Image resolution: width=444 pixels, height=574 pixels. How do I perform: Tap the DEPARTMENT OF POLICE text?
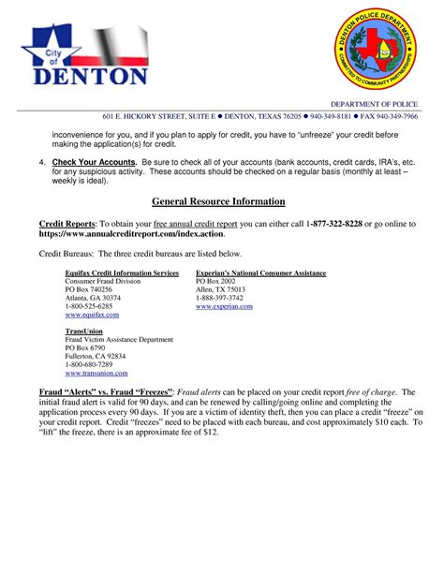(373, 105)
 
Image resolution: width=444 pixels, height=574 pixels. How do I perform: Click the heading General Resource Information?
(217, 201)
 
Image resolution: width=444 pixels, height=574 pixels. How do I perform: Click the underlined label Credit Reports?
(67, 225)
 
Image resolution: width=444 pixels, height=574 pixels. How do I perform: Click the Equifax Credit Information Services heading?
(122, 272)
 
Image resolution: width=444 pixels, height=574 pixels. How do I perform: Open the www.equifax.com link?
(93, 315)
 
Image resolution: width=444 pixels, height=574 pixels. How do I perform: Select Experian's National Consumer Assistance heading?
(260, 272)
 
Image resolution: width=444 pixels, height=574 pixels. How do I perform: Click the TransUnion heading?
(83, 331)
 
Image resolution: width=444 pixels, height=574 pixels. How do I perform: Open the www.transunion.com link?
(96, 373)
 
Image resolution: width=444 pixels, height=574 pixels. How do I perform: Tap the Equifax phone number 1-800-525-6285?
(89, 306)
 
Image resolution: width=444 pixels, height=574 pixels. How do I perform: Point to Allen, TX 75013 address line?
(220, 289)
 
